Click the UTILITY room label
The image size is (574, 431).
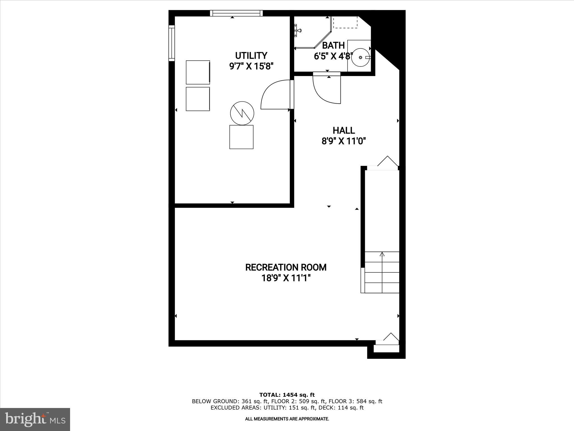(251, 55)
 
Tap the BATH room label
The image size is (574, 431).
(333, 45)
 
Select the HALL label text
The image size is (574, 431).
(344, 130)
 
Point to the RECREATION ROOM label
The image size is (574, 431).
(286, 267)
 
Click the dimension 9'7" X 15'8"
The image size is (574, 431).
(251, 66)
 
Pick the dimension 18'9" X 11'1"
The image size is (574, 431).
(286, 278)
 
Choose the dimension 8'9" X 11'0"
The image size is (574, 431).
(344, 141)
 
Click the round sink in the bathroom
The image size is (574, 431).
(360, 57)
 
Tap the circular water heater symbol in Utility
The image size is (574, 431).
(242, 113)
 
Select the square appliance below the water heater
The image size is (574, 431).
(241, 137)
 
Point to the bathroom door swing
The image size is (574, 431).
(325, 91)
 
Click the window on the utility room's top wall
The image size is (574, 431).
(236, 13)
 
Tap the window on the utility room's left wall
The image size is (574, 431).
(172, 43)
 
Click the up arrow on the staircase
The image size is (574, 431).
(382, 255)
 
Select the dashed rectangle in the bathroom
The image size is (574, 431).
(345, 22)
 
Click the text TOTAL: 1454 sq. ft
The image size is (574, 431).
(287, 395)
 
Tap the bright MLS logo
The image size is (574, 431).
(35, 419)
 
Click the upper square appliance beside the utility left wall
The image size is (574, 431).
(198, 72)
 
